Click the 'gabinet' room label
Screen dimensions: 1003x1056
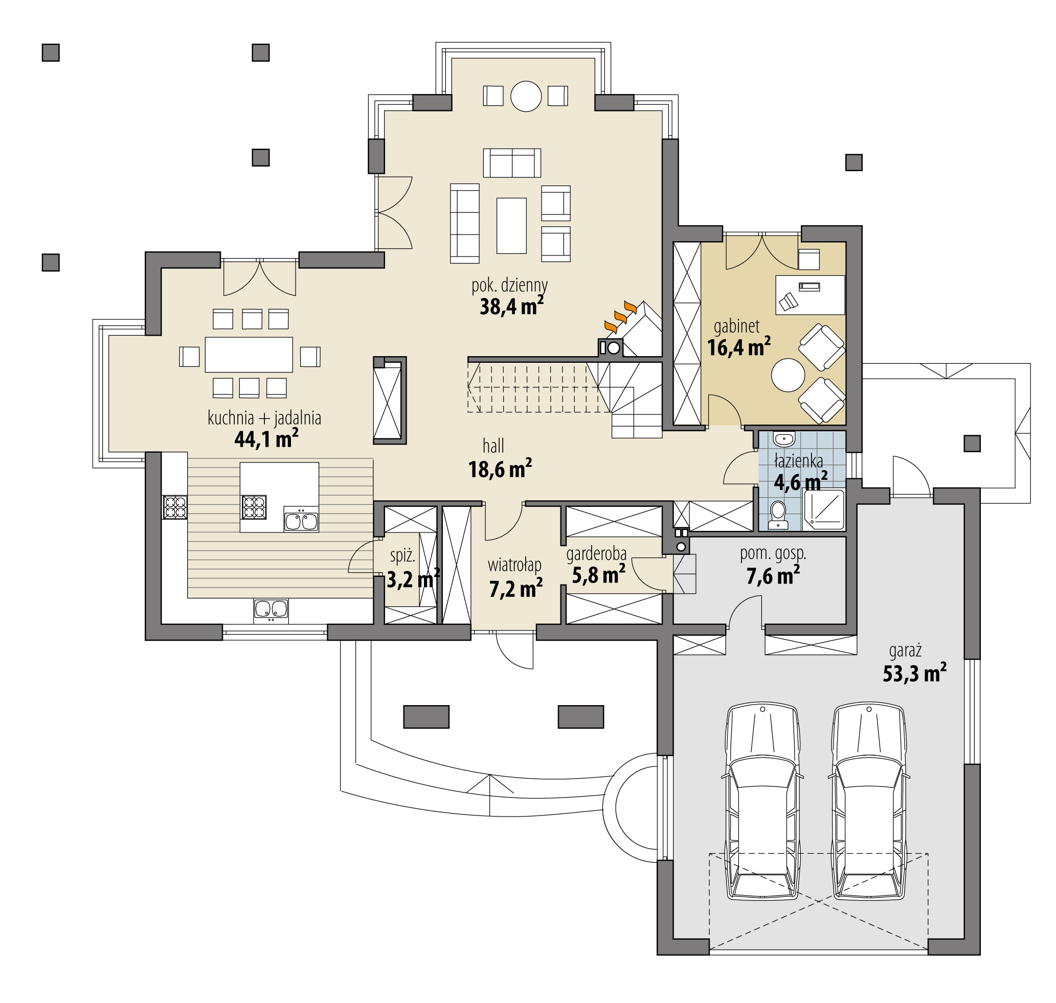click(x=736, y=325)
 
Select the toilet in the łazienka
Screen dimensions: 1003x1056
click(x=777, y=515)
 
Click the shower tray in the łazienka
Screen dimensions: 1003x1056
click(x=824, y=509)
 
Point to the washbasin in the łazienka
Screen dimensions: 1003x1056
click(x=784, y=439)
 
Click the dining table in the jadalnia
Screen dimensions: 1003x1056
click(x=249, y=354)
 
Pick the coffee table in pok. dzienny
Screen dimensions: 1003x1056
click(x=511, y=225)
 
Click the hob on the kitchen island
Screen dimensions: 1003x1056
click(x=254, y=507)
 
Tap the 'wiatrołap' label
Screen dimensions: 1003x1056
click(x=514, y=565)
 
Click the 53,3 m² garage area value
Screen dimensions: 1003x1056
click(x=914, y=672)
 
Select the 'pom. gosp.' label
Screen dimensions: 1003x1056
click(x=773, y=553)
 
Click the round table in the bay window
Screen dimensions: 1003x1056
click(x=526, y=96)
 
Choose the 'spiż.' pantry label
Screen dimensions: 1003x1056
click(x=402, y=555)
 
